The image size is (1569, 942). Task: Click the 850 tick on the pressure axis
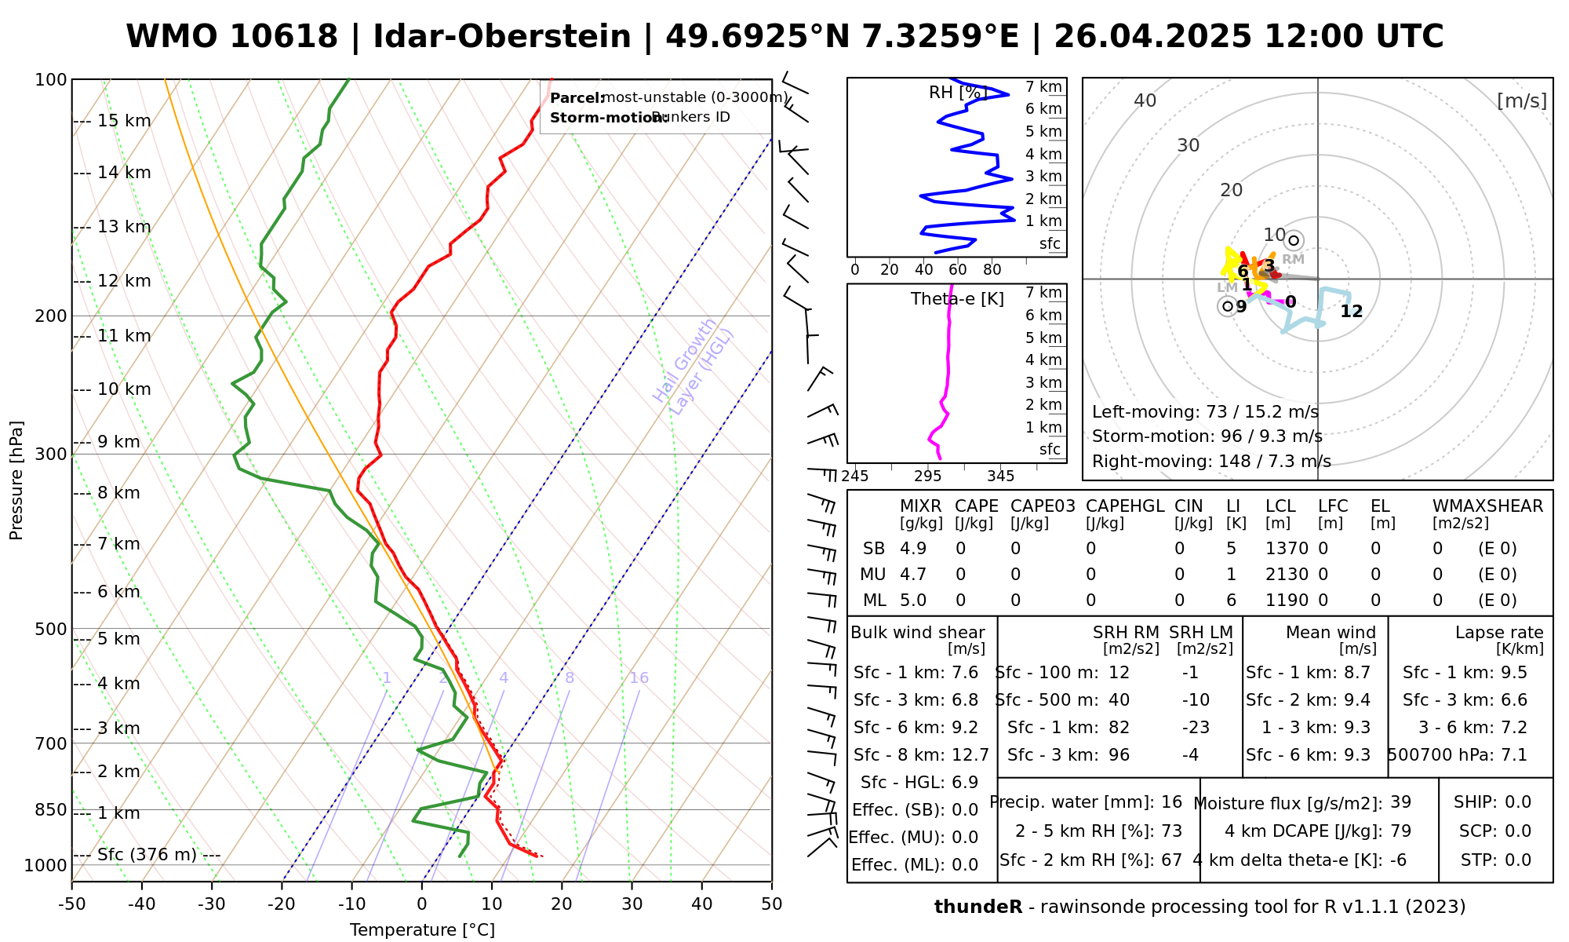pos(51,809)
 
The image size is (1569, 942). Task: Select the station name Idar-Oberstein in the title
pos(502,37)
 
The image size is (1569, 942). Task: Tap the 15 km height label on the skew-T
pos(124,121)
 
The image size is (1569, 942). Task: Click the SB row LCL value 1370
pos(1287,549)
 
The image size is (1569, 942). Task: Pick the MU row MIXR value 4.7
pos(913,575)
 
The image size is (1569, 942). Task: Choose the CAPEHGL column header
pos(1125,506)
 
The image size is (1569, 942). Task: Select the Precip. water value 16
pos(1171,802)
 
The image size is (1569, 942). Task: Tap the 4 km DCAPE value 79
pos(1400,831)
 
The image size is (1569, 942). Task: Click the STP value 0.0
pos(1518,860)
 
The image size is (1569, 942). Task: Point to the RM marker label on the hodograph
pos(1293,259)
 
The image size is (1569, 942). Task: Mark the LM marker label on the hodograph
pos(1227,288)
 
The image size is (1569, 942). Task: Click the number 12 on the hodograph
pos(1351,312)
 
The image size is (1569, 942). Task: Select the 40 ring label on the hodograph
pos(1145,100)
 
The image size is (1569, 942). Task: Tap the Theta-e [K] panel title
pos(957,299)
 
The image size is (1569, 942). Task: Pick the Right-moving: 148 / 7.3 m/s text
pos(1211,462)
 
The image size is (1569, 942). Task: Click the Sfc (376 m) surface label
pos(147,855)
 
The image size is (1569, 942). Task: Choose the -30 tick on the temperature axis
pos(212,904)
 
